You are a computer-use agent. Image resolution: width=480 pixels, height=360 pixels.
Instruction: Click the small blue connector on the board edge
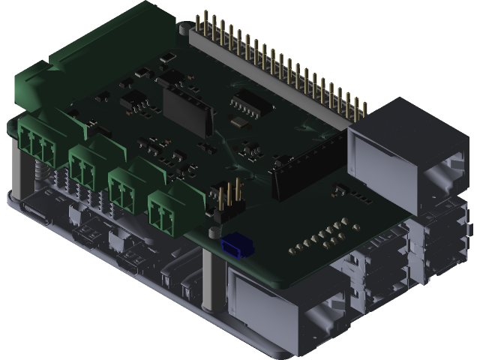(x=236, y=244)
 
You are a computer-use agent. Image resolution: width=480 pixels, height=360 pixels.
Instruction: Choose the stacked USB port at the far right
(x=442, y=240)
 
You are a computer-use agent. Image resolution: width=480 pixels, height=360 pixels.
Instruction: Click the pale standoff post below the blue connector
(x=212, y=277)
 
